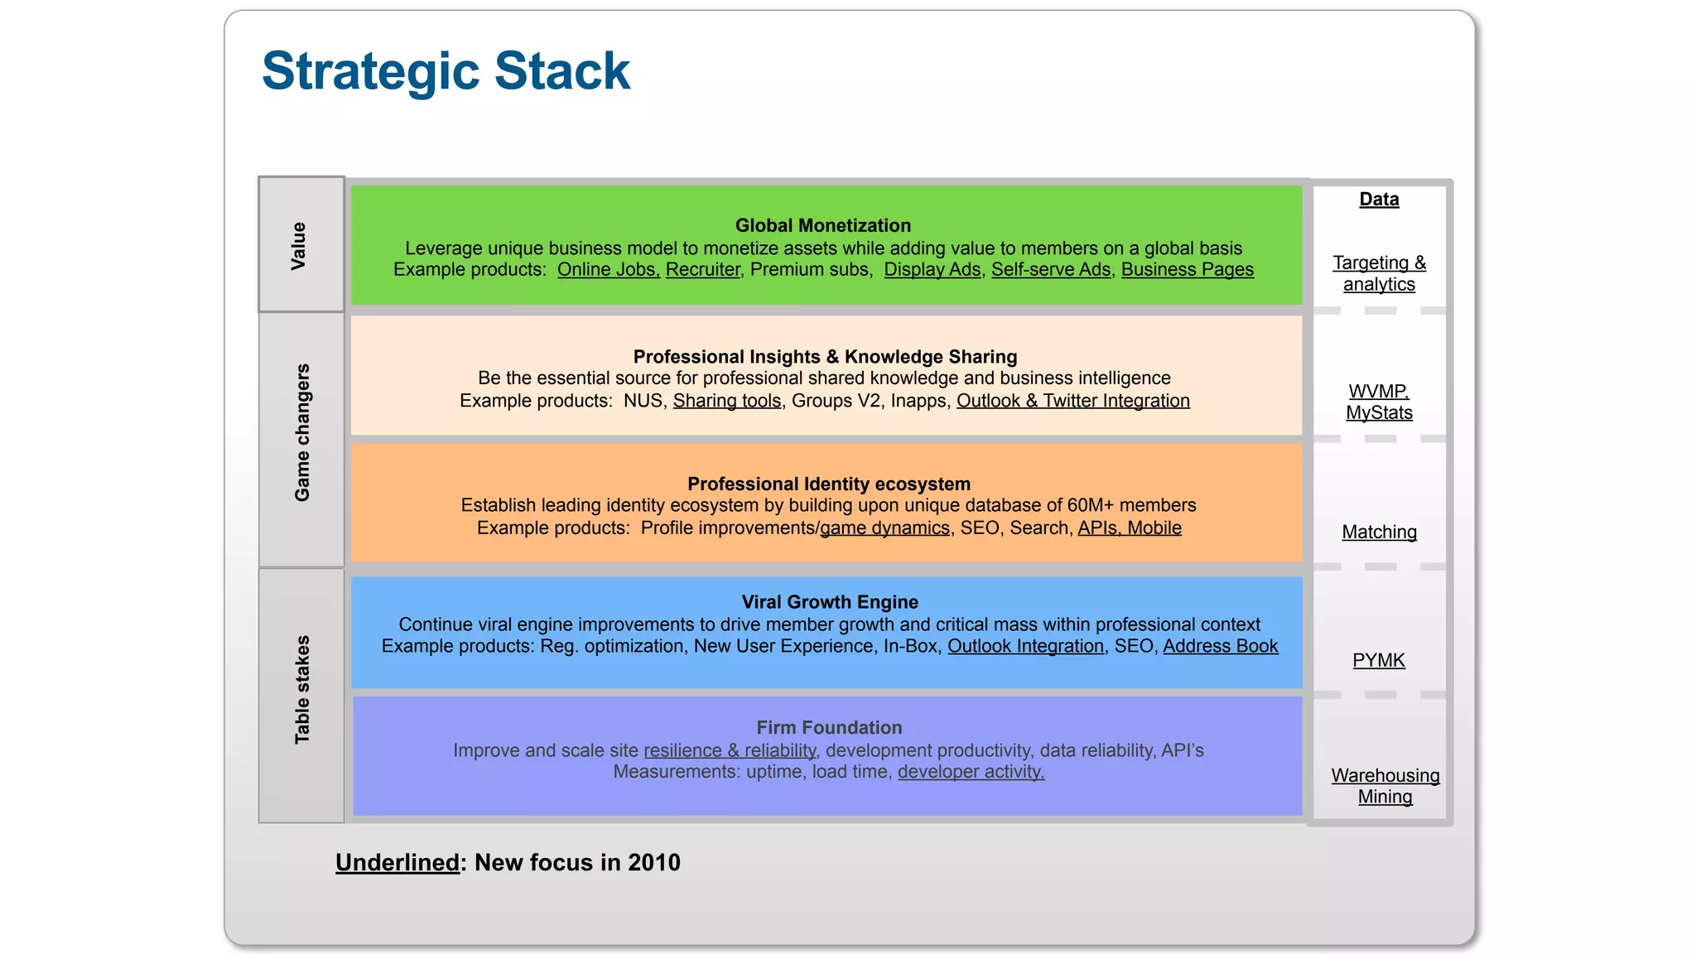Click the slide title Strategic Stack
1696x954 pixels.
[446, 71]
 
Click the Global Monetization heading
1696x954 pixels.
[822, 225]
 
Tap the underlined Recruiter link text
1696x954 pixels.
[702, 270]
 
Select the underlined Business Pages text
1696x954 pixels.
[1187, 270]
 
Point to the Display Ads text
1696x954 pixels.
[932, 270]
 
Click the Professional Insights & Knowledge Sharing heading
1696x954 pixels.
[825, 357]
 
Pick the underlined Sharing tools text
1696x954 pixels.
[726, 401]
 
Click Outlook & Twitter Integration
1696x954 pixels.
[1072, 401]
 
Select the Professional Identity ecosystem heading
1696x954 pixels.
[828, 484]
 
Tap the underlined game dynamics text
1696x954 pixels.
[884, 528]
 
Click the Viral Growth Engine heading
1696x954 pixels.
[829, 602]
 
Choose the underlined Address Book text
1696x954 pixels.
[1220, 646]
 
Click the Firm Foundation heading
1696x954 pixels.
[829, 727]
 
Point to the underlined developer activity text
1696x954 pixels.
[971, 772]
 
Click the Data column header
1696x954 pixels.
[1379, 200]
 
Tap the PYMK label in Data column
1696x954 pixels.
[1379, 661]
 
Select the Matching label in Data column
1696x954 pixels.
[1379, 532]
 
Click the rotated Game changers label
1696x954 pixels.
[302, 432]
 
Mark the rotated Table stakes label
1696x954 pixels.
[302, 689]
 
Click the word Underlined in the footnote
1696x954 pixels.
[397, 863]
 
